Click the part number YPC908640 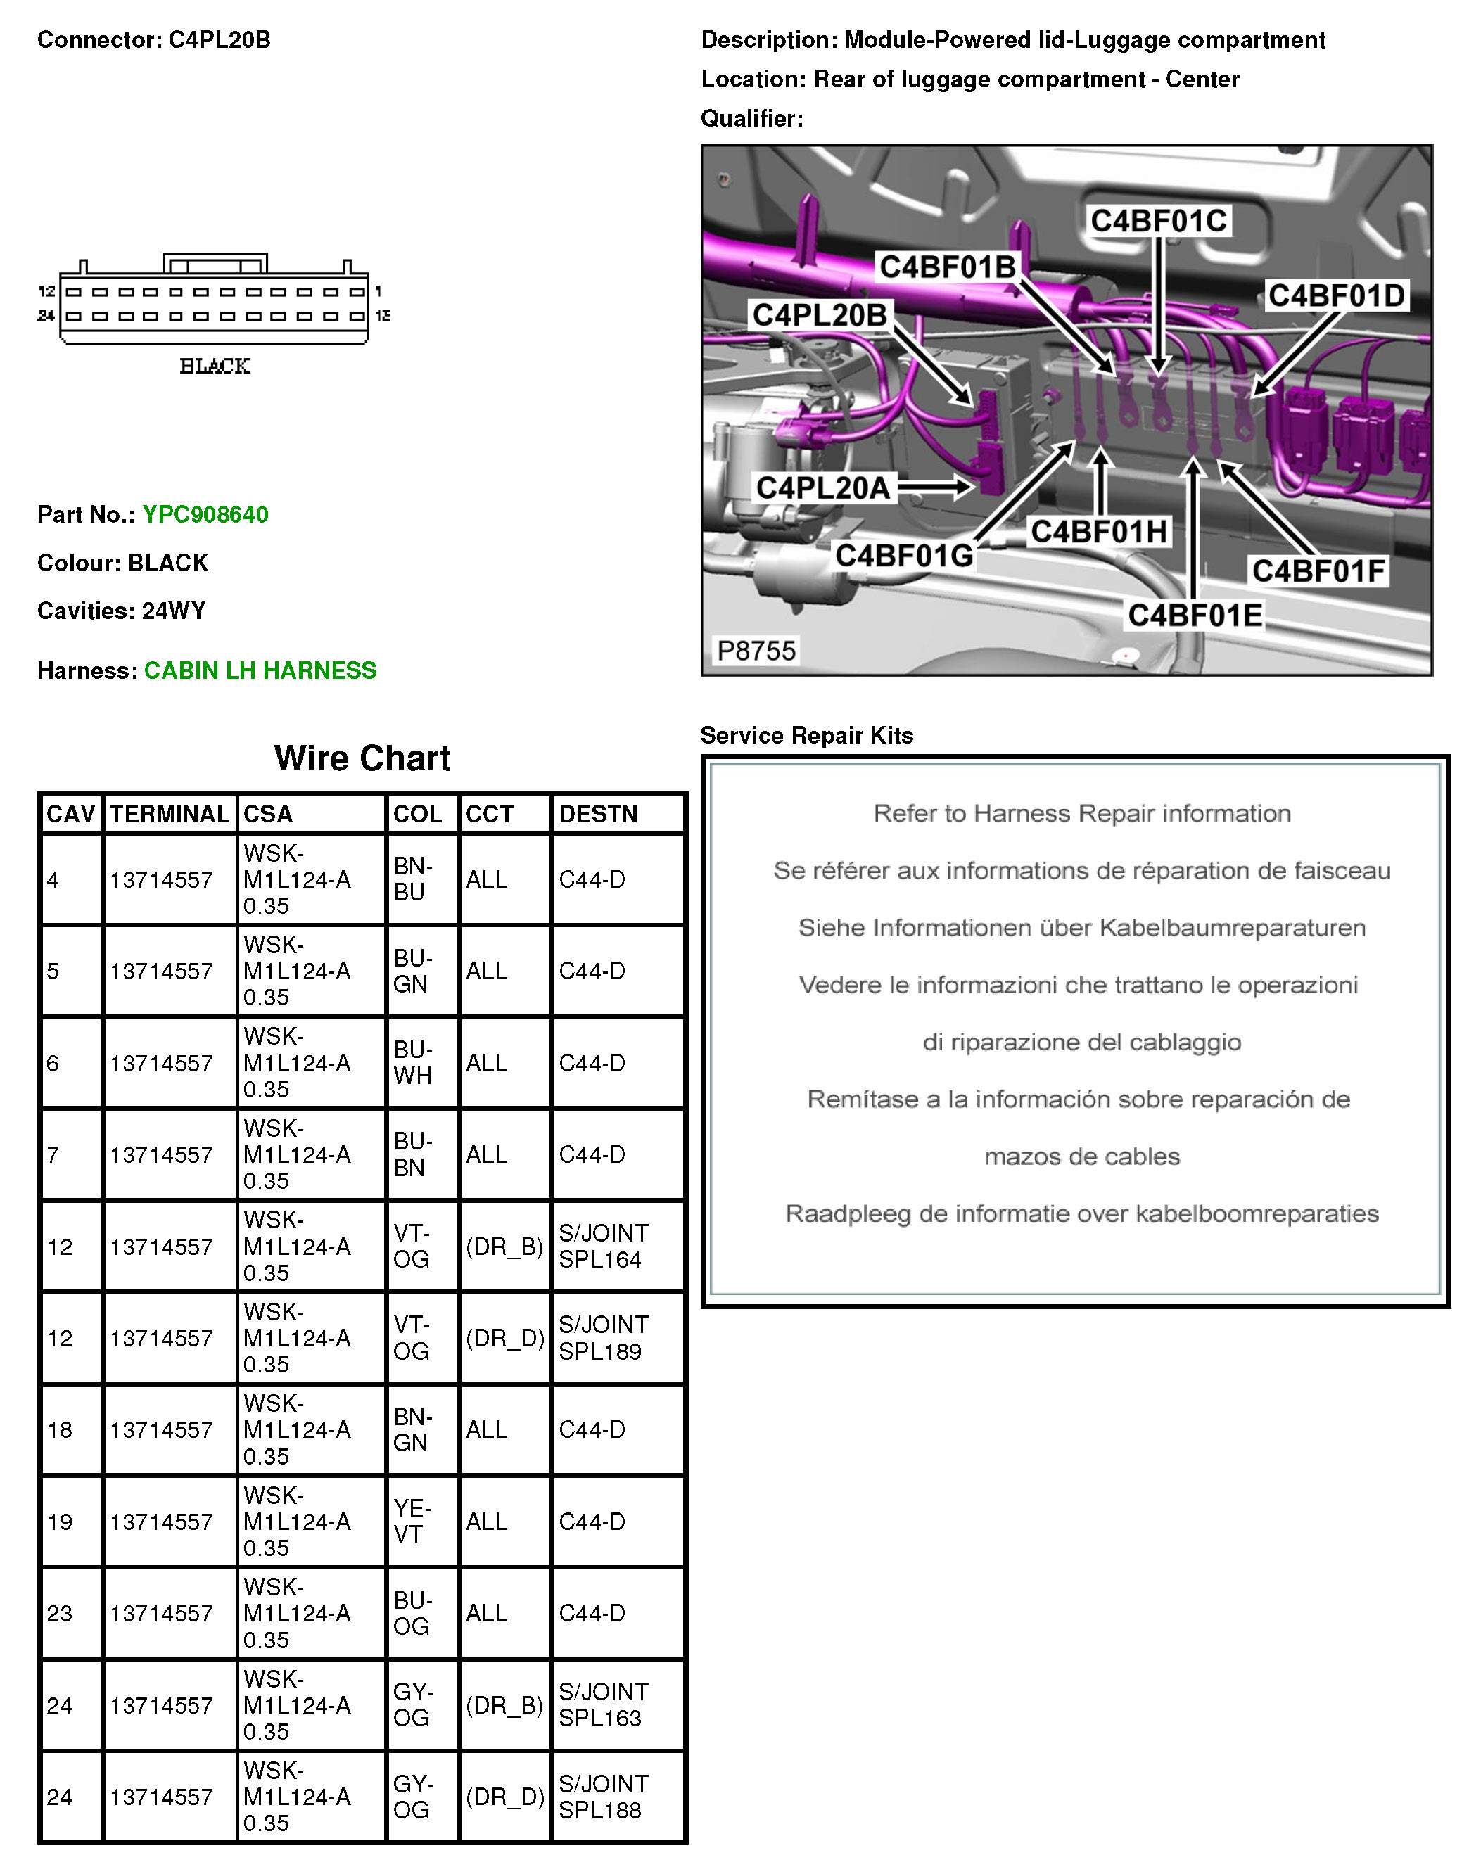[x=205, y=514]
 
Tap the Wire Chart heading [x=362, y=758]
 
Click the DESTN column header [x=598, y=814]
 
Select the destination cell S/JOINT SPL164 [x=603, y=1247]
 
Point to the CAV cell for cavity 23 [x=61, y=1614]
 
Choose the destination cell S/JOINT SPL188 [x=603, y=1797]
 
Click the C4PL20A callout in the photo [x=822, y=487]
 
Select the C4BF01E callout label [x=1195, y=615]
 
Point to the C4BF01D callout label [x=1336, y=296]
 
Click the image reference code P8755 [x=756, y=650]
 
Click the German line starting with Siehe [x=1081, y=928]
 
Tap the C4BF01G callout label [x=904, y=556]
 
